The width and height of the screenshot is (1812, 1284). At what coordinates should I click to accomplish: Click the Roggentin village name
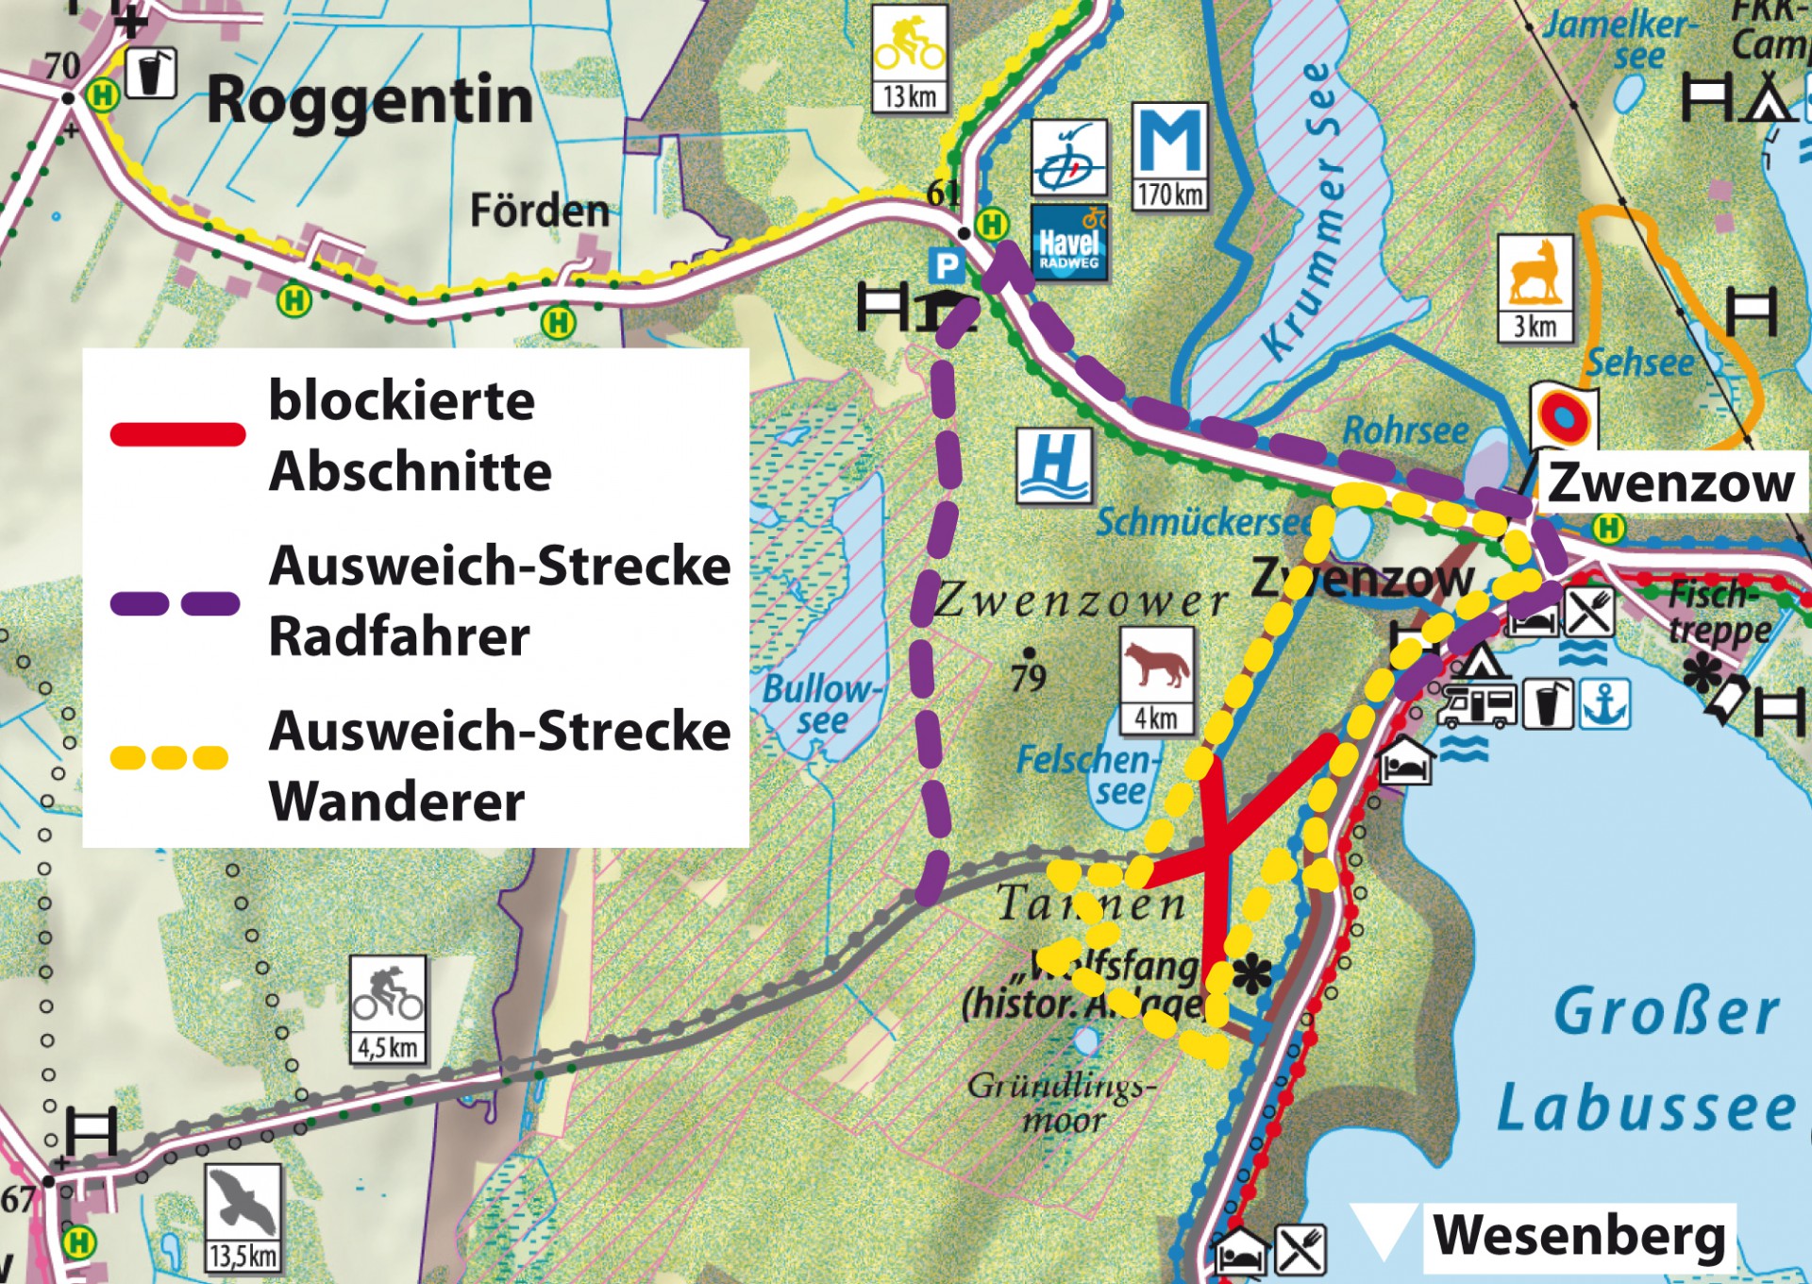point(370,100)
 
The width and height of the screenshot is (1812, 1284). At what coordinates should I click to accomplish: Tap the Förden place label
point(540,211)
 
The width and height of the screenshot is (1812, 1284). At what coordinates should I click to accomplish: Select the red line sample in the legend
point(177,434)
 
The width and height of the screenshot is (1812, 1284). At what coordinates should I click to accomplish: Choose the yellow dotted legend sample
point(170,757)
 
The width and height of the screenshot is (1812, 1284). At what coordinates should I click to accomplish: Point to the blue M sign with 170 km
point(1170,156)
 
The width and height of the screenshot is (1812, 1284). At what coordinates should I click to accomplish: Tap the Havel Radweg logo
point(1068,244)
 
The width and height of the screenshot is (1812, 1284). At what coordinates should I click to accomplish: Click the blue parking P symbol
point(946,265)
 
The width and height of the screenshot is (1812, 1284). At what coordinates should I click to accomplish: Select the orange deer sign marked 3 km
point(1535,287)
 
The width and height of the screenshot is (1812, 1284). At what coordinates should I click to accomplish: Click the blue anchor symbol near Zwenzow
point(1605,704)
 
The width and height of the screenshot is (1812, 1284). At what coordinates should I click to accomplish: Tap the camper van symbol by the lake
point(1476,705)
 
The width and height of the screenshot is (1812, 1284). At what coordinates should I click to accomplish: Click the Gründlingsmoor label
point(1062,1103)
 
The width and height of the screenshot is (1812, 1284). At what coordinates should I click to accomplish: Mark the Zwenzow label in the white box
point(1670,483)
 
